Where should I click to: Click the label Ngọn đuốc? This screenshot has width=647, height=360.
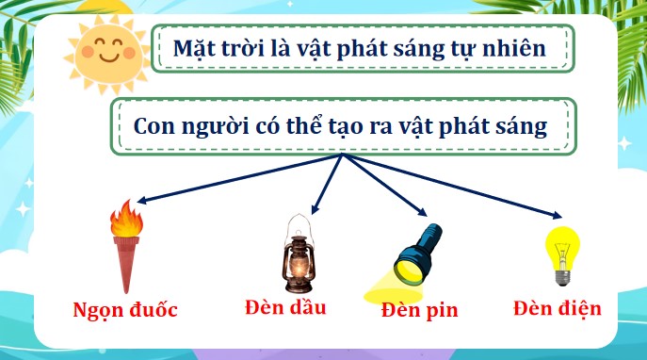[x=125, y=309]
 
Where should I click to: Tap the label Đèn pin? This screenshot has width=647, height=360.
[x=420, y=310]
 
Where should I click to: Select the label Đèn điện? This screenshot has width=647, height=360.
[x=558, y=307]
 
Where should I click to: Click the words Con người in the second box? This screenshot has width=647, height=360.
[x=181, y=126]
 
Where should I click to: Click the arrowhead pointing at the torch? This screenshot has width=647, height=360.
[x=138, y=201]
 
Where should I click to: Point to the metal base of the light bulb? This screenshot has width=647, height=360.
[x=561, y=278]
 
